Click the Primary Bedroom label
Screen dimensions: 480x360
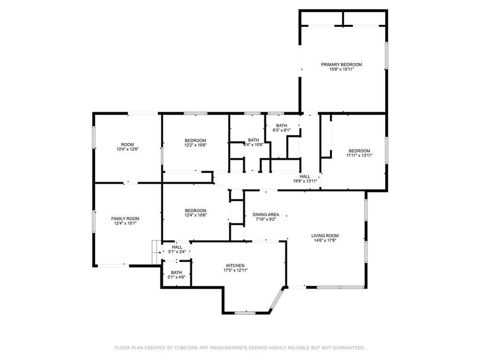click(x=341, y=65)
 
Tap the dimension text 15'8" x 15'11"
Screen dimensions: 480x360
click(x=341, y=69)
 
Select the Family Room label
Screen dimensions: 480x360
click(x=125, y=219)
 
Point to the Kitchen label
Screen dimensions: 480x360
click(x=235, y=265)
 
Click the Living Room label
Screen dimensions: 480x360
click(x=325, y=236)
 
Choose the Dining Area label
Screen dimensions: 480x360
click(x=266, y=214)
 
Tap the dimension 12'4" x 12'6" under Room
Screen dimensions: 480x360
click(x=127, y=149)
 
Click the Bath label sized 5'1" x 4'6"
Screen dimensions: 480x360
click(x=176, y=272)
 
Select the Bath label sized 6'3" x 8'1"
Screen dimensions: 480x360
click(x=282, y=125)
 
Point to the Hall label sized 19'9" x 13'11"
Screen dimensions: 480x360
click(x=305, y=176)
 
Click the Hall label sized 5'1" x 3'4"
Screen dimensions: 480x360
click(x=177, y=247)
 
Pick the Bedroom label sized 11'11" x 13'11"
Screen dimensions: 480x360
click(x=359, y=151)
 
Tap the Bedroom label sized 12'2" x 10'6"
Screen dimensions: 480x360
click(x=195, y=141)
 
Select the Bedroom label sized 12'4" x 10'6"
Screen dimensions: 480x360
click(x=195, y=211)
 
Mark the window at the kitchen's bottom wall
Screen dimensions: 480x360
click(x=245, y=313)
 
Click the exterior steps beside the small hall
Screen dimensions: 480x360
click(x=156, y=252)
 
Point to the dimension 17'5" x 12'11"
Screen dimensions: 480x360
click(x=235, y=270)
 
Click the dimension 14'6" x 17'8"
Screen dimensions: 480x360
click(x=325, y=241)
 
